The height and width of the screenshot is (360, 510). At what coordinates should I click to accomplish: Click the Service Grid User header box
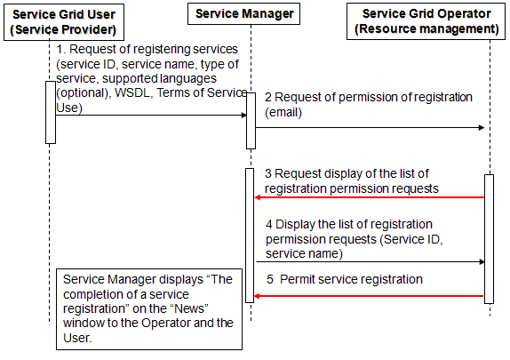[64, 22]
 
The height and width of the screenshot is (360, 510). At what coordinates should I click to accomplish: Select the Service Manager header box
[243, 13]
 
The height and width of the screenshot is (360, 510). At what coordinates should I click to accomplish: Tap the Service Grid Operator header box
[426, 21]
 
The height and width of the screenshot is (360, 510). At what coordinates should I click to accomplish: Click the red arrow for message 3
[369, 197]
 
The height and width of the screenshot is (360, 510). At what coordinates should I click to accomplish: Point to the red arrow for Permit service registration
[369, 296]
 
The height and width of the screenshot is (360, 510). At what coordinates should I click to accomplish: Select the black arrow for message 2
[371, 128]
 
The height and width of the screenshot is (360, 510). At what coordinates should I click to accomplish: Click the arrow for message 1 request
[151, 115]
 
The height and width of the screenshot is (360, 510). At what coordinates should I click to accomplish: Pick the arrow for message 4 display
[371, 261]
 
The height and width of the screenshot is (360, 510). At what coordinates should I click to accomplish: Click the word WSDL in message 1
[132, 93]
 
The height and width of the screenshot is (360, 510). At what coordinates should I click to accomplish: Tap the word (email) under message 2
[283, 113]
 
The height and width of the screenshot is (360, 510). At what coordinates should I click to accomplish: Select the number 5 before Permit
[270, 280]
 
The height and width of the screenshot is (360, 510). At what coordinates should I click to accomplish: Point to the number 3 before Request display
[268, 174]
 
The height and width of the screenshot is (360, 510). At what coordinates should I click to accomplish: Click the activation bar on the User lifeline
[51, 112]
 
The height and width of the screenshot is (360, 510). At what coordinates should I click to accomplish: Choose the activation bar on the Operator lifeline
[489, 239]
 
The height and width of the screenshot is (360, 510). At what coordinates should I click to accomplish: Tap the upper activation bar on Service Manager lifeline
[251, 121]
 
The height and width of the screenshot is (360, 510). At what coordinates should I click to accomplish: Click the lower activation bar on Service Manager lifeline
[250, 236]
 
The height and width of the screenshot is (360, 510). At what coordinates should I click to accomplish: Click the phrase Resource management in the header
[426, 29]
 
